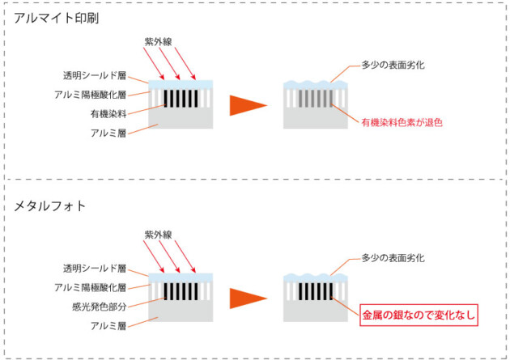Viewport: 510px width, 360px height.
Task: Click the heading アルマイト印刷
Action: [57, 18]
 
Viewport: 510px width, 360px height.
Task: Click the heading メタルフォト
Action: [49, 206]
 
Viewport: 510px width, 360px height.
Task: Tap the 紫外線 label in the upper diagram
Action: [158, 41]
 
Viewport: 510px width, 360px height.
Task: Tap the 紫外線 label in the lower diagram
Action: [158, 235]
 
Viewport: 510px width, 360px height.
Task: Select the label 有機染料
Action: [108, 114]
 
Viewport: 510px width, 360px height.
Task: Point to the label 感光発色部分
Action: [100, 307]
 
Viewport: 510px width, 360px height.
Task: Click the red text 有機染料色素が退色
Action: [402, 122]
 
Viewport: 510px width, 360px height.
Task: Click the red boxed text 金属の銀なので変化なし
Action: [419, 315]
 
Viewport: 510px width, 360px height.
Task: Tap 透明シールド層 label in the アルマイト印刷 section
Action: [95, 76]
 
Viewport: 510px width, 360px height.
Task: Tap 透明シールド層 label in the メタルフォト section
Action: [95, 269]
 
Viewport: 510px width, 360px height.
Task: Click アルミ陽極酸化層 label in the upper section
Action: [90, 95]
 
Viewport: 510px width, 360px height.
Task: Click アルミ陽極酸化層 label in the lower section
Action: [90, 287]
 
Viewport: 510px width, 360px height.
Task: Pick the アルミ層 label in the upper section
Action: [108, 133]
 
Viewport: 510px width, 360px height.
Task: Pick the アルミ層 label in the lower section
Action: [108, 326]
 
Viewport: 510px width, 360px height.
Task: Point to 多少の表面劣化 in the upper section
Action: [393, 65]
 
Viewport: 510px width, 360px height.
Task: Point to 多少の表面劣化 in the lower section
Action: [393, 258]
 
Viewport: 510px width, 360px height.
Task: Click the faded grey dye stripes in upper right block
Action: [316, 99]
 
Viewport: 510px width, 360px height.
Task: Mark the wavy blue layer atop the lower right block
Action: [316, 278]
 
